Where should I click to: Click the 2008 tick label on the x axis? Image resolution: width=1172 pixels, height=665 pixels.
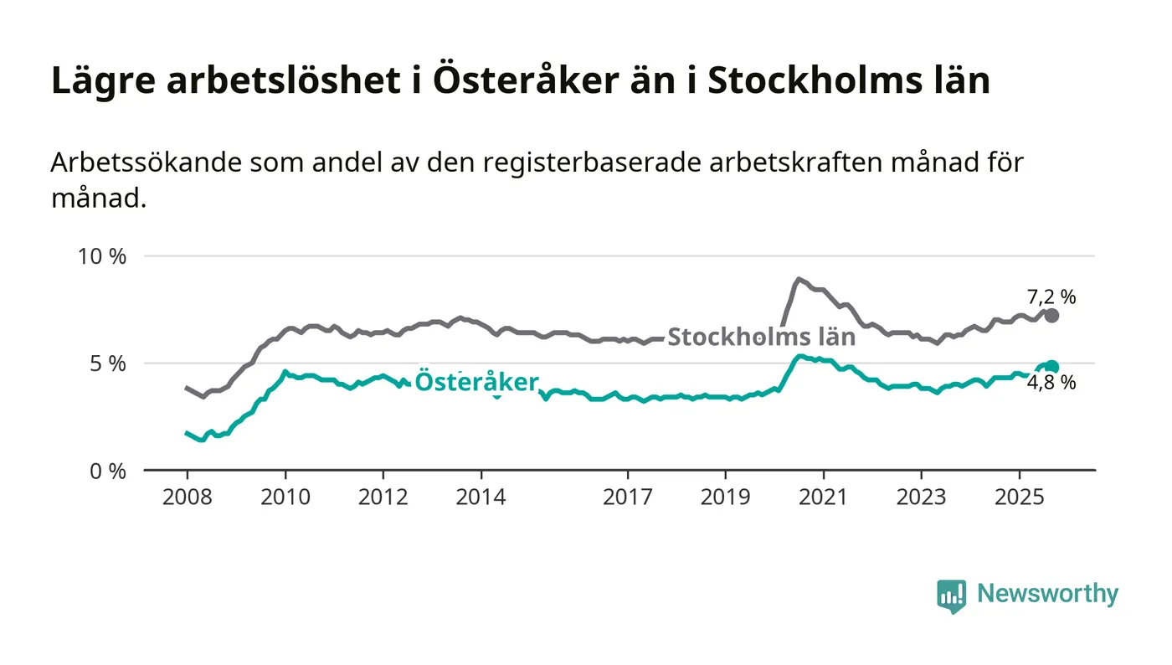pyautogui.click(x=188, y=497)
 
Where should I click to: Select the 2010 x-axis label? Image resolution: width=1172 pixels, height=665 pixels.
pyautogui.click(x=285, y=497)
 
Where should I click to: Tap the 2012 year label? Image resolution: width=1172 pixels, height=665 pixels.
pyautogui.click(x=383, y=497)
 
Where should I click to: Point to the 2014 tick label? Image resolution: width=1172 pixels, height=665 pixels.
pyautogui.click(x=481, y=497)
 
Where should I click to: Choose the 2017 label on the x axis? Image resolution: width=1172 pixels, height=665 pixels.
pyautogui.click(x=628, y=497)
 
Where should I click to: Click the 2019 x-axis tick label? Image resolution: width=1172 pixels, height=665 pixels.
pyautogui.click(x=726, y=497)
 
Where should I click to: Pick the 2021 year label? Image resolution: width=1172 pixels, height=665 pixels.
pyautogui.click(x=824, y=497)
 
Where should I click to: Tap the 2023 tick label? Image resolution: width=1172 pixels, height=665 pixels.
pyautogui.click(x=921, y=497)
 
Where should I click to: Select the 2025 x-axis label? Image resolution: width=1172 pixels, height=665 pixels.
pyautogui.click(x=1019, y=497)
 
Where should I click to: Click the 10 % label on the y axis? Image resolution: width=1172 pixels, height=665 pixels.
pyautogui.click(x=101, y=256)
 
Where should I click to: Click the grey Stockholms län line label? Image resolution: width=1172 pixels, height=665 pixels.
pyautogui.click(x=761, y=338)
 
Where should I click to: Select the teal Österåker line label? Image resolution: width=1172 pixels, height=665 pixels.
pyautogui.click(x=476, y=382)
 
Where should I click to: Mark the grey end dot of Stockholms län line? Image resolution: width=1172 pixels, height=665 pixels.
pyautogui.click(x=1051, y=316)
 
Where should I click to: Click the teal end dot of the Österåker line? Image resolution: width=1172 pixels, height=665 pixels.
pyautogui.click(x=1051, y=367)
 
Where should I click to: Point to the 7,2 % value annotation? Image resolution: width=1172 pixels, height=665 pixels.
pyautogui.click(x=1051, y=296)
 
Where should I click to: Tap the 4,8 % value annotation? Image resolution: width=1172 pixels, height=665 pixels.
pyautogui.click(x=1051, y=384)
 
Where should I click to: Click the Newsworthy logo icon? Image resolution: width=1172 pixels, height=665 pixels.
pyautogui.click(x=951, y=595)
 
